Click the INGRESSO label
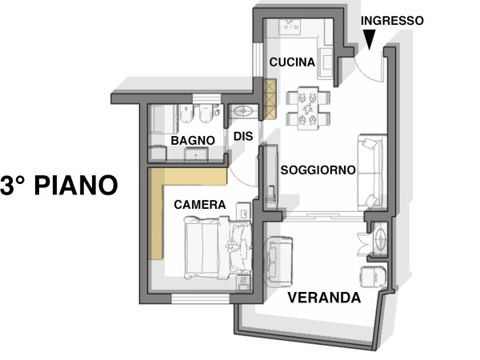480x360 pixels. pos(392,21)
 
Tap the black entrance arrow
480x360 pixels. pos(370,39)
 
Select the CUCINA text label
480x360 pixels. pos(292,62)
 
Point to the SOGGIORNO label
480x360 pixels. pos(318,170)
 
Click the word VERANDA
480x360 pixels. pos(324,298)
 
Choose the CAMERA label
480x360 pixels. pos(199,205)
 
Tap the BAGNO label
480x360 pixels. pos(193,141)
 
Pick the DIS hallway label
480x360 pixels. pos(243,136)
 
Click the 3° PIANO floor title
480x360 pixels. pos(59,186)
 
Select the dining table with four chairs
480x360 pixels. pos(308,108)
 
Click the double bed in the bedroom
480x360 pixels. pos(218,247)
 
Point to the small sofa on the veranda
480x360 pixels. pos(278,261)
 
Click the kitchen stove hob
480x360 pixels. pos(289,27)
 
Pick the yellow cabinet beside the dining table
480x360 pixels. pos(270,99)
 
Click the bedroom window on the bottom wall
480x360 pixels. pos(201,298)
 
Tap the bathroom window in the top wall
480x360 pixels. pos(206,98)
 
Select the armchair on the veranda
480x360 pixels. pos(373,277)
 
